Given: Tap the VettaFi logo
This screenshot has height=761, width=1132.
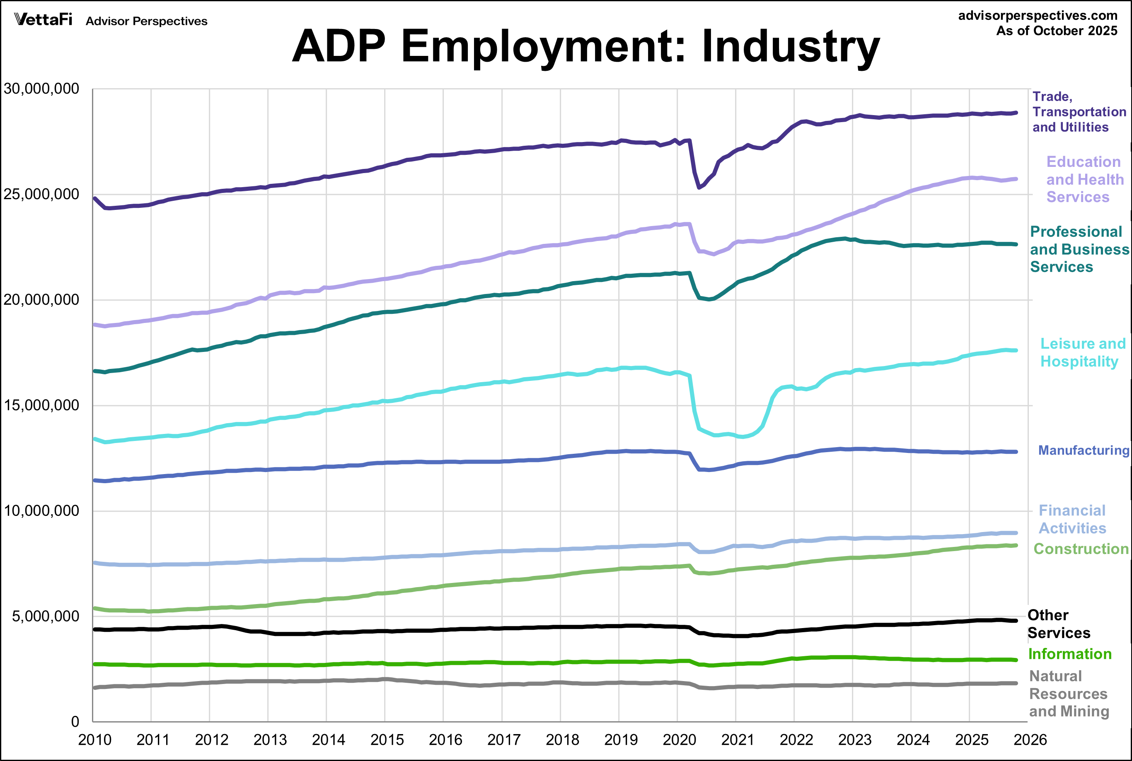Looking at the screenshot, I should [x=44, y=20].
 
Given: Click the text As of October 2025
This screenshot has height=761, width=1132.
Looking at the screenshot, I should [x=1056, y=31].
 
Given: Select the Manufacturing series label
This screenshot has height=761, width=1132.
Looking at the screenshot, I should [x=1083, y=450].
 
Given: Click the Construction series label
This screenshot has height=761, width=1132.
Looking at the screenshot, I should [x=1081, y=549].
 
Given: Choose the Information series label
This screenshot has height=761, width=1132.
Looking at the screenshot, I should [x=1070, y=654].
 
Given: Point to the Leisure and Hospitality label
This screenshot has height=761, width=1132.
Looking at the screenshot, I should [x=1082, y=352].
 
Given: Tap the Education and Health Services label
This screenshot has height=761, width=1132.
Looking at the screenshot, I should [x=1084, y=179].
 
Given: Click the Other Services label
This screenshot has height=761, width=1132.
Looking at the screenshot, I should [x=1058, y=624].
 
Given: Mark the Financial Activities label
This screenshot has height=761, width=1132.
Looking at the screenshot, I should [x=1072, y=519].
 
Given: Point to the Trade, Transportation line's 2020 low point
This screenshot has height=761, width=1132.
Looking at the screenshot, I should [x=699, y=187].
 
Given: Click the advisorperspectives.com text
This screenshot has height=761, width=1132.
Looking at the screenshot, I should [x=1037, y=16].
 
